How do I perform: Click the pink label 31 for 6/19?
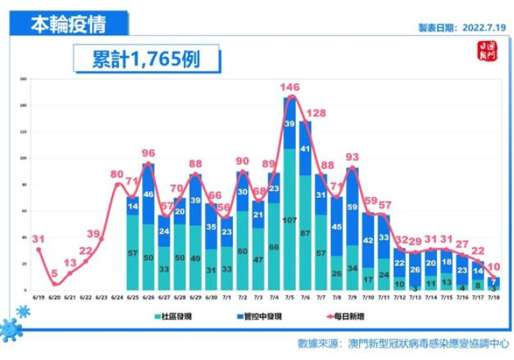click(x=38, y=238)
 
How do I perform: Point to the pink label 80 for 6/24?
click(x=116, y=174)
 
